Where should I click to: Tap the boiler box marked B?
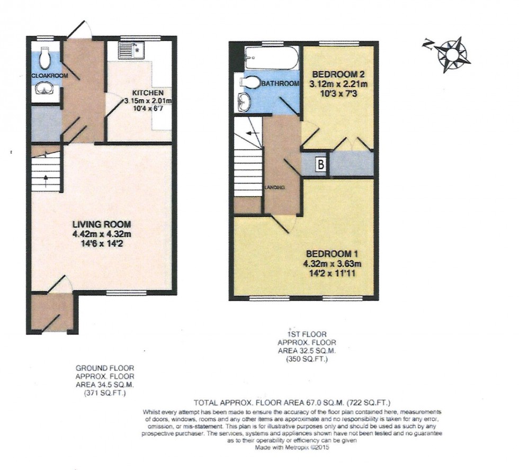pyautogui.click(x=320, y=165)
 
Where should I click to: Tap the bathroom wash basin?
pyautogui.click(x=244, y=102)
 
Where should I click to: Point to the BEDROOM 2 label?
pyautogui.click(x=339, y=73)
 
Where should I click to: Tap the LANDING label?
pyautogui.click(x=275, y=187)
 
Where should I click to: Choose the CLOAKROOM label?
pyautogui.click(x=50, y=76)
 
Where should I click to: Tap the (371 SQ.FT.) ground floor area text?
pyautogui.click(x=104, y=394)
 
